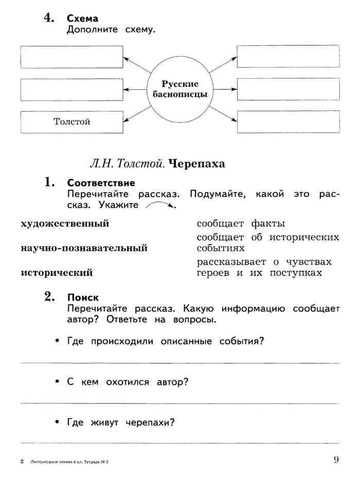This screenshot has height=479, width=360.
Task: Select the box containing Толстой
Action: point(71,122)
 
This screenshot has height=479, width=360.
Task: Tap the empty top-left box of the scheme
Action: point(71,57)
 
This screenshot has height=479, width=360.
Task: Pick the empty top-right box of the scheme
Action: point(288,57)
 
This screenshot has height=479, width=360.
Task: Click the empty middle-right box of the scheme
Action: point(288,89)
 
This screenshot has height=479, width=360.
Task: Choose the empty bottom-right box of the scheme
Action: point(288,122)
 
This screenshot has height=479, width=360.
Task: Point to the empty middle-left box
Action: point(71,89)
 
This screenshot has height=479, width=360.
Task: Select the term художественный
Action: point(65,224)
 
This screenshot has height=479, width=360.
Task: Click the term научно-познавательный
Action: point(84,248)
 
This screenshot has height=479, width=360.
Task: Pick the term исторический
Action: point(57,273)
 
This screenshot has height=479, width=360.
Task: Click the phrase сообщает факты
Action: point(241,224)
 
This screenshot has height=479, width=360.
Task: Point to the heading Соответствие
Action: point(101,183)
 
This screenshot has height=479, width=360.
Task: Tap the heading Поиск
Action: point(83,297)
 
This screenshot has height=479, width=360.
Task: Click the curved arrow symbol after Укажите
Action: point(160,206)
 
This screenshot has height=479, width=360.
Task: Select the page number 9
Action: point(336,459)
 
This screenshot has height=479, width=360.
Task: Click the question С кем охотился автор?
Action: point(128,382)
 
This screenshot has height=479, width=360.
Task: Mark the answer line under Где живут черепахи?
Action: point(179,443)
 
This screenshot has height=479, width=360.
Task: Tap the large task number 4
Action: point(48,18)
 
